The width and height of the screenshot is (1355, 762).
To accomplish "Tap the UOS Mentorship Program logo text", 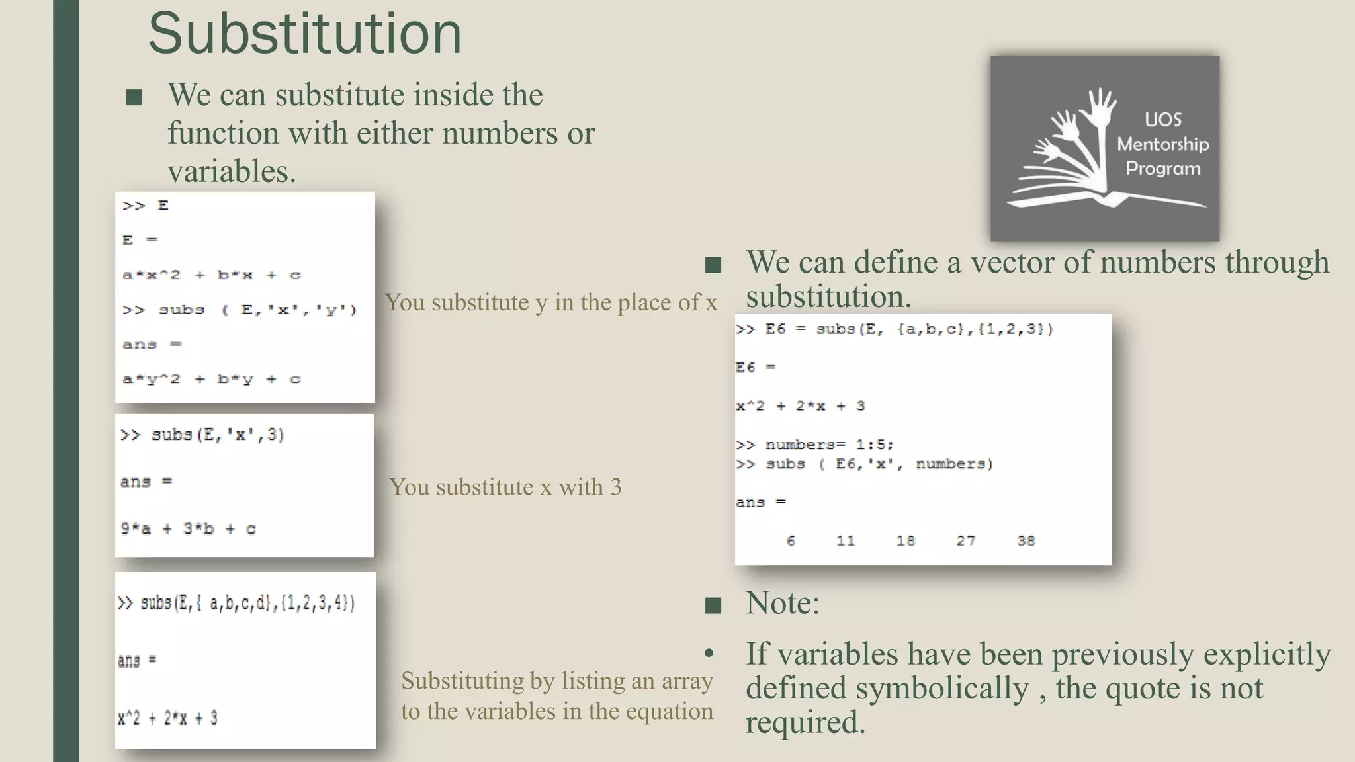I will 1162,144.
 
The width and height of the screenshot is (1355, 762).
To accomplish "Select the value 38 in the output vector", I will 1026,541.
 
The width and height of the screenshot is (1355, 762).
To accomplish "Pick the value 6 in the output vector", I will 791,541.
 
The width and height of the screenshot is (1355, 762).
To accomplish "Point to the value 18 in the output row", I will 905,541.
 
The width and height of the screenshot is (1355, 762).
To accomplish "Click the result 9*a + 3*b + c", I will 188,529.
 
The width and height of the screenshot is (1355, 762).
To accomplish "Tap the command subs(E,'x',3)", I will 202,435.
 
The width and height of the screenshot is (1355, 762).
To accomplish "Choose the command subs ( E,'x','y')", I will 240,310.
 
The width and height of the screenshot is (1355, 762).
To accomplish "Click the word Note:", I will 782,603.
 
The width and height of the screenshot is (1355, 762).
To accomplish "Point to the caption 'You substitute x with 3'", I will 505,487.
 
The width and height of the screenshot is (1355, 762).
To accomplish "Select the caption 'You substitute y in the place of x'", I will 551,302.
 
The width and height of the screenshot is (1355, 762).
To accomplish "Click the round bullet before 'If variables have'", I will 709,654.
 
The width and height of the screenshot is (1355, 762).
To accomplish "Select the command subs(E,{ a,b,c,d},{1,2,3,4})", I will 237,603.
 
